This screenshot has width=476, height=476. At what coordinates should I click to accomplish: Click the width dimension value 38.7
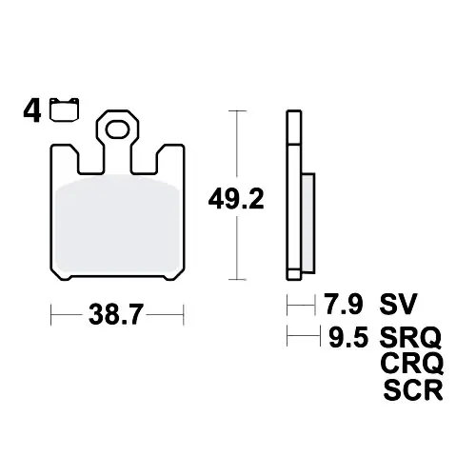tap(116, 314)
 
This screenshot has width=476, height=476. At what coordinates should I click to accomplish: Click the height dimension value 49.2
tap(236, 199)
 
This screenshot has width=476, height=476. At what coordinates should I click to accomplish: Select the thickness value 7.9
tap(344, 304)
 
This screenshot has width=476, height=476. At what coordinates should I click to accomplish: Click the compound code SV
tap(398, 304)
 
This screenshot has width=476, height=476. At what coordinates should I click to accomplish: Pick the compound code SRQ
tap(410, 337)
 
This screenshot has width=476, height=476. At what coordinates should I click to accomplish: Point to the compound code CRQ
tap(412, 364)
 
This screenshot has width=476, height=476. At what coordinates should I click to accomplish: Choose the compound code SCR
tap(413, 389)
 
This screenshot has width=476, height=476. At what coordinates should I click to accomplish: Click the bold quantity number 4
tap(32, 111)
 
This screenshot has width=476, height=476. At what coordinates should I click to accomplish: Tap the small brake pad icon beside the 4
tap(65, 109)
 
